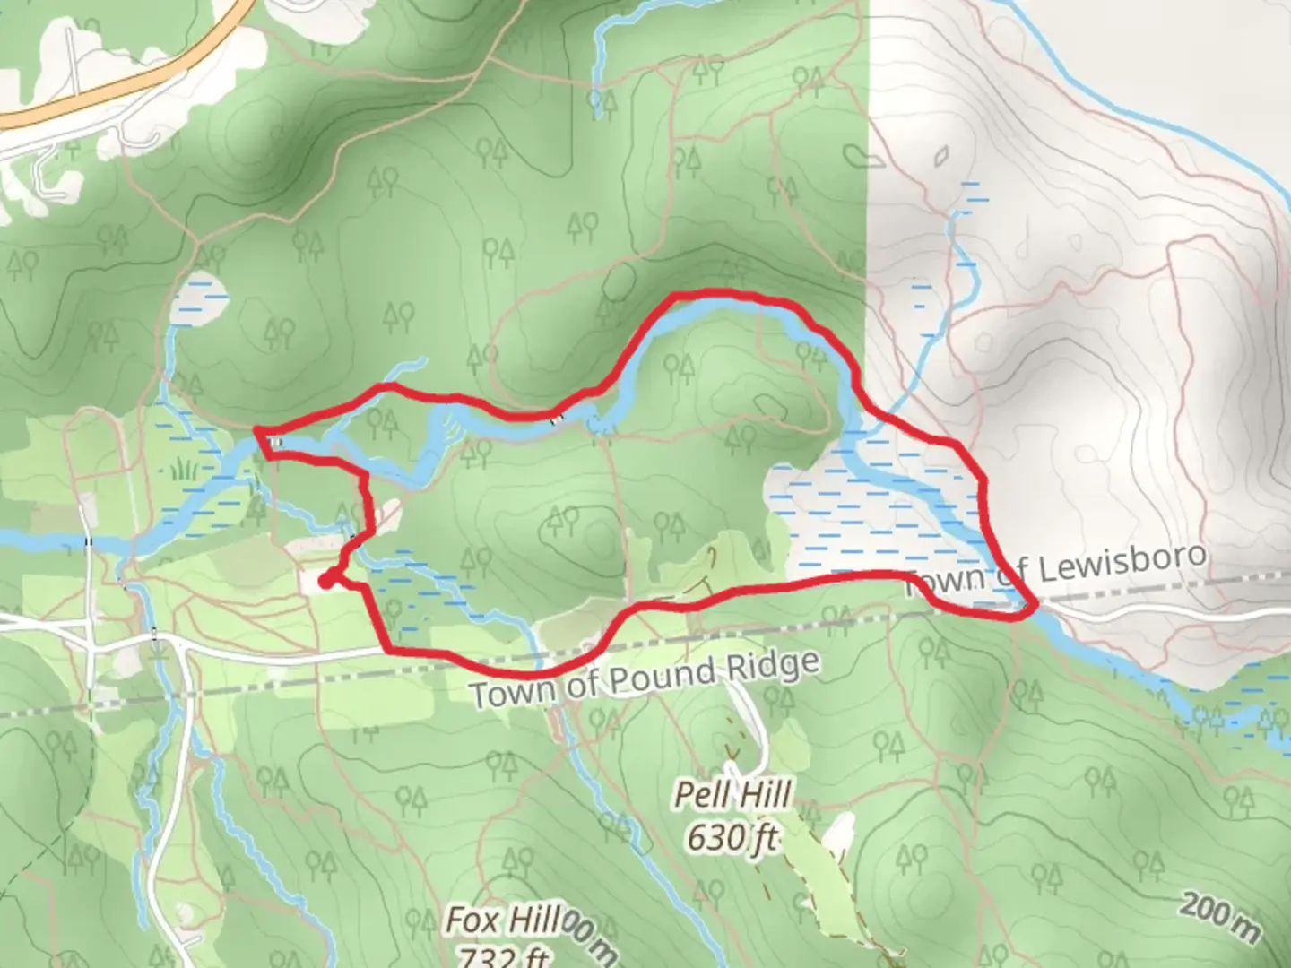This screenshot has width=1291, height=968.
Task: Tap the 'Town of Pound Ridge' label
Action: pos(644,678)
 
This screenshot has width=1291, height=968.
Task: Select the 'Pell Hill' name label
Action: pos(732,795)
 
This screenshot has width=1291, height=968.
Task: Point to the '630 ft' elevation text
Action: pos(732,837)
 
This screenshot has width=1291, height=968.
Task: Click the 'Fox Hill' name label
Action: pos(502,920)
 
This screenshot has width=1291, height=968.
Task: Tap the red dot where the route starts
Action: pos(325,582)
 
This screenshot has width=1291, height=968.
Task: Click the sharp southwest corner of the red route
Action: pos(388,649)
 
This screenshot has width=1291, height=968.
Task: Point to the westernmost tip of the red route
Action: pos(257,432)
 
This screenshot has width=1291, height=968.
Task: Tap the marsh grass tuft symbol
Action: pos(183,468)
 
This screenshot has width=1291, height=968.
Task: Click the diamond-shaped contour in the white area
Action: pos(940,158)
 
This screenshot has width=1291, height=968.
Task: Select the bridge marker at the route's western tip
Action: pos(277,443)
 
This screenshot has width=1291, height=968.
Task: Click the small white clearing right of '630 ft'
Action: pos(840,834)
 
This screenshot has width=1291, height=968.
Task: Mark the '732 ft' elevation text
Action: pos(502,957)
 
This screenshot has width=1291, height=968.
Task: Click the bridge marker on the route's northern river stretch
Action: pos(557,418)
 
